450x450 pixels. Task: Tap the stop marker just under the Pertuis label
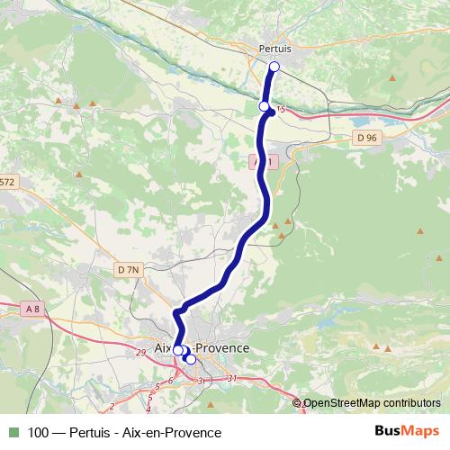point(274,66)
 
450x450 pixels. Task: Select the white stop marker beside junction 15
point(264,106)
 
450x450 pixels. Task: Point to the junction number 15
point(282,110)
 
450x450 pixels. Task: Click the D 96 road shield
point(366,138)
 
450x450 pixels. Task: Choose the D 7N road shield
point(129,269)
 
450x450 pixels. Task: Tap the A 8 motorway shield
point(33,309)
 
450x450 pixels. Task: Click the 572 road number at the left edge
point(7,182)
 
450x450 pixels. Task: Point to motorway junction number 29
point(140,352)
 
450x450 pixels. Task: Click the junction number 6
point(169,382)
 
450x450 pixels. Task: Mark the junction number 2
point(112,407)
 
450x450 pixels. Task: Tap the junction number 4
point(148,409)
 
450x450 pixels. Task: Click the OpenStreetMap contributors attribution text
point(371,403)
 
